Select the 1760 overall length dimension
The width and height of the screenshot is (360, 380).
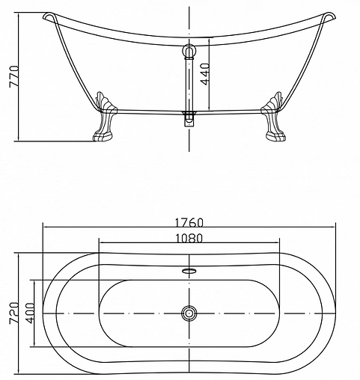click(189, 223)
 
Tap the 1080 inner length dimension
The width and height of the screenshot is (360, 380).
click(189, 239)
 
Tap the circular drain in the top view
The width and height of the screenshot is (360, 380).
click(189, 313)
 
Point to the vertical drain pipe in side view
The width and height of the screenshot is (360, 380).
click(189, 82)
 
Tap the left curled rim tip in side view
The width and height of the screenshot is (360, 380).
click(49, 16)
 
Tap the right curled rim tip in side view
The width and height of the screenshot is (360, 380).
click(327, 16)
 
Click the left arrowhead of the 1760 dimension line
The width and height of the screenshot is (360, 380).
click(45, 229)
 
